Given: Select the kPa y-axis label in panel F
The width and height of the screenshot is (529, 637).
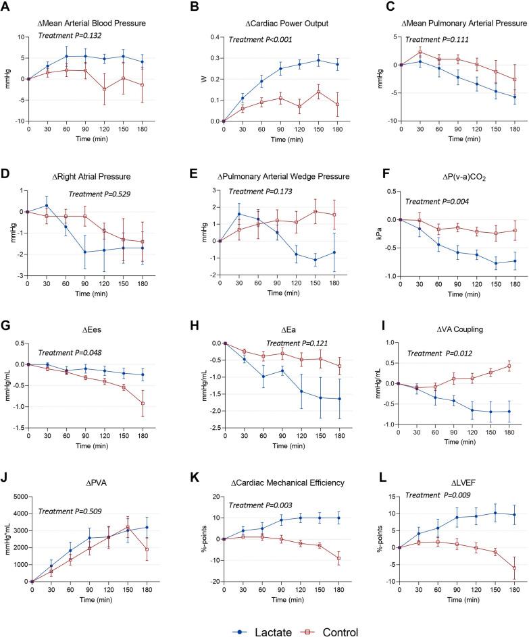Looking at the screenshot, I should coord(373,238).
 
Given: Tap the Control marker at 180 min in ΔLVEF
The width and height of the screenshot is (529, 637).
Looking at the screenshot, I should coord(515,568).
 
